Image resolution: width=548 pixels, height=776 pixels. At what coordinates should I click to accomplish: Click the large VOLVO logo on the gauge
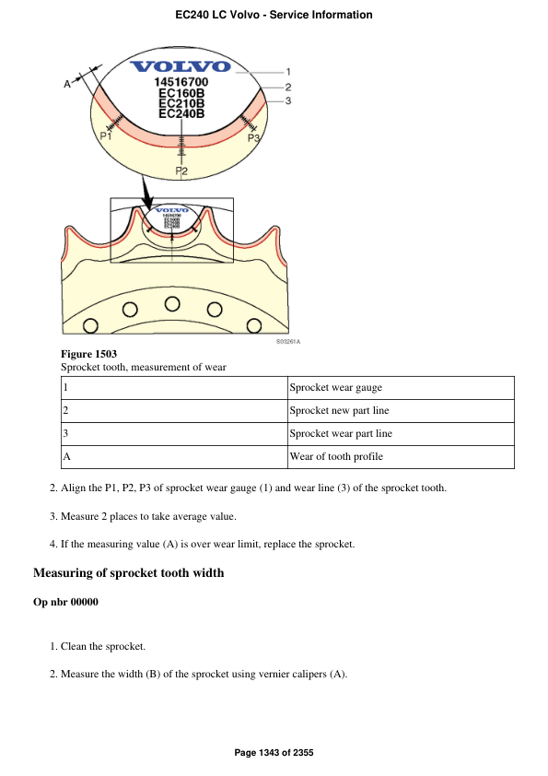[x=181, y=65]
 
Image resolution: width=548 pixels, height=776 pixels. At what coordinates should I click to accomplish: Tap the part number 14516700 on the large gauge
[x=181, y=82]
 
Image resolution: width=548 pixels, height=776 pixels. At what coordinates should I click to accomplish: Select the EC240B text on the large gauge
[x=181, y=114]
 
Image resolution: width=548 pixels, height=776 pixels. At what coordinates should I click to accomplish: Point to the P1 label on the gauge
[x=106, y=135]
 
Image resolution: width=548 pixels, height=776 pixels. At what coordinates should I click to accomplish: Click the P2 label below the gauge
[x=181, y=171]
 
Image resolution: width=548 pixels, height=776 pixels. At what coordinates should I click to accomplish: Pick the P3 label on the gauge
[x=254, y=137]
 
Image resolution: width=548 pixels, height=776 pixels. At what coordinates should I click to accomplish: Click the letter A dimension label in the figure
[x=67, y=84]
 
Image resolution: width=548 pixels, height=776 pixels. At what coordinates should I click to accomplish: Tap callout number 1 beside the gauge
[x=288, y=71]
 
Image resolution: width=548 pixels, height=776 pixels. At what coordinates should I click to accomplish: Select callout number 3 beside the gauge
[x=288, y=100]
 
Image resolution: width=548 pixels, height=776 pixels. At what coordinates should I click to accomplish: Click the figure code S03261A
[x=288, y=342]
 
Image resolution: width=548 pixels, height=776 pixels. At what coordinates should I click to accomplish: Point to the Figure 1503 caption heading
[x=88, y=354]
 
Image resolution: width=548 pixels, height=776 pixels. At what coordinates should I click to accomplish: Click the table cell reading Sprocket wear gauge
[x=335, y=388]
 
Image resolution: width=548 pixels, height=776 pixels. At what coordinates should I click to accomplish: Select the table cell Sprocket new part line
[x=339, y=411]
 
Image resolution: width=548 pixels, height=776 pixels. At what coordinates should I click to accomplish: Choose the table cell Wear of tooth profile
[x=336, y=457]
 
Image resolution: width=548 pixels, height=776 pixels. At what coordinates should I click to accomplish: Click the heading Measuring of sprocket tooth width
[x=128, y=573]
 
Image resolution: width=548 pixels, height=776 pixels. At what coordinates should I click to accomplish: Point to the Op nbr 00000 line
[x=65, y=603]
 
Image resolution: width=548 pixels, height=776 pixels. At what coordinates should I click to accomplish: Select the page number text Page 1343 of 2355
[x=274, y=754]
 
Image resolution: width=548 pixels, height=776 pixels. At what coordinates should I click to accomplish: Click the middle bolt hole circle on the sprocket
[x=172, y=304]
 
